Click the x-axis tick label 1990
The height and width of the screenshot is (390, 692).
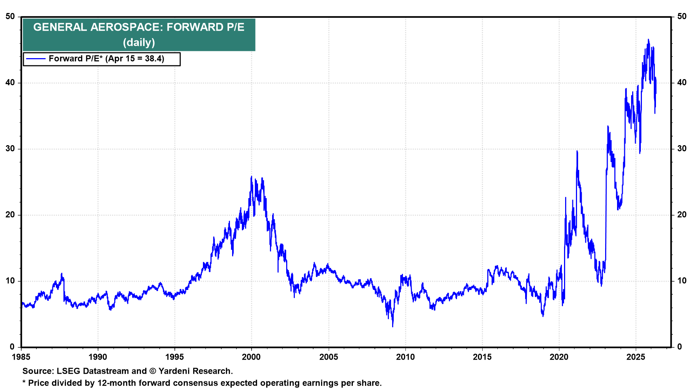(x=98, y=357)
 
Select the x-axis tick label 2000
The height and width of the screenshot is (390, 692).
(x=251, y=357)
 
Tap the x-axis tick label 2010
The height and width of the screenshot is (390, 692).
(x=405, y=357)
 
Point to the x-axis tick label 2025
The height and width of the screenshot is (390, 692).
(x=636, y=357)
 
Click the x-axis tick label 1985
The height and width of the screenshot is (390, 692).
(x=21, y=357)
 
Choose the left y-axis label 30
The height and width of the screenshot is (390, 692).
(x=10, y=149)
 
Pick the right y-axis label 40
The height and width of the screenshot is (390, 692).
(x=682, y=83)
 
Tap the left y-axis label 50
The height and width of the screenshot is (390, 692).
(x=10, y=17)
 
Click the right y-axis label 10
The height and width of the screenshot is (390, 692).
(x=682, y=281)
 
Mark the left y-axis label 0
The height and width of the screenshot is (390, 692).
(x=12, y=347)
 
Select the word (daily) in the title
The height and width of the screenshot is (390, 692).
(x=139, y=43)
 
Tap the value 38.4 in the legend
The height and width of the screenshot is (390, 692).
(x=154, y=59)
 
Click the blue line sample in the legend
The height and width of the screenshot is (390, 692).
(x=36, y=59)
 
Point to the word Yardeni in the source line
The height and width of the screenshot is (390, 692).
(x=174, y=371)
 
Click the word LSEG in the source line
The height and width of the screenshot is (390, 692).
(x=68, y=371)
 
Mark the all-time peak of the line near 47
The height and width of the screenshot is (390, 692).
(x=648, y=40)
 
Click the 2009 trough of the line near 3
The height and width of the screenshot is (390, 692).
(x=392, y=326)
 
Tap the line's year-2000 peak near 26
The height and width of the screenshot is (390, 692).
(x=252, y=177)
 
